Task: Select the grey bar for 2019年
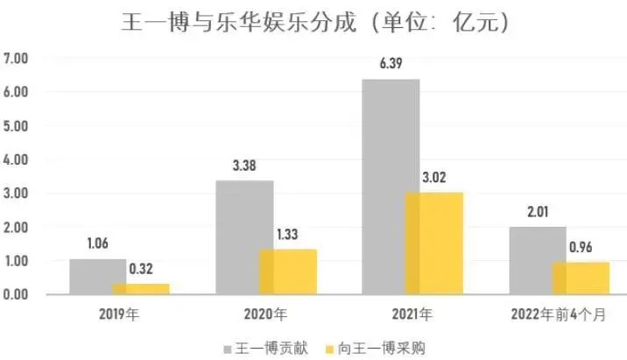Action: click(97, 277)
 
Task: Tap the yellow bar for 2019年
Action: click(140, 289)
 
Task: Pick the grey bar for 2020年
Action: click(243, 237)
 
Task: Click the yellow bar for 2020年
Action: click(287, 272)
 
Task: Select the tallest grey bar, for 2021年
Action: click(390, 187)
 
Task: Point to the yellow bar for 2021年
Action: click(433, 244)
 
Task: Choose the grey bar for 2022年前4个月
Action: click(537, 261)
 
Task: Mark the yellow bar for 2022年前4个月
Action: click(580, 279)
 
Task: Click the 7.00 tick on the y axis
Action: click(17, 59)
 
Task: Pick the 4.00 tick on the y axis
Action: click(17, 159)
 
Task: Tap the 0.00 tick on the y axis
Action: click(17, 295)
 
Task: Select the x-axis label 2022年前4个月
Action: click(558, 312)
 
